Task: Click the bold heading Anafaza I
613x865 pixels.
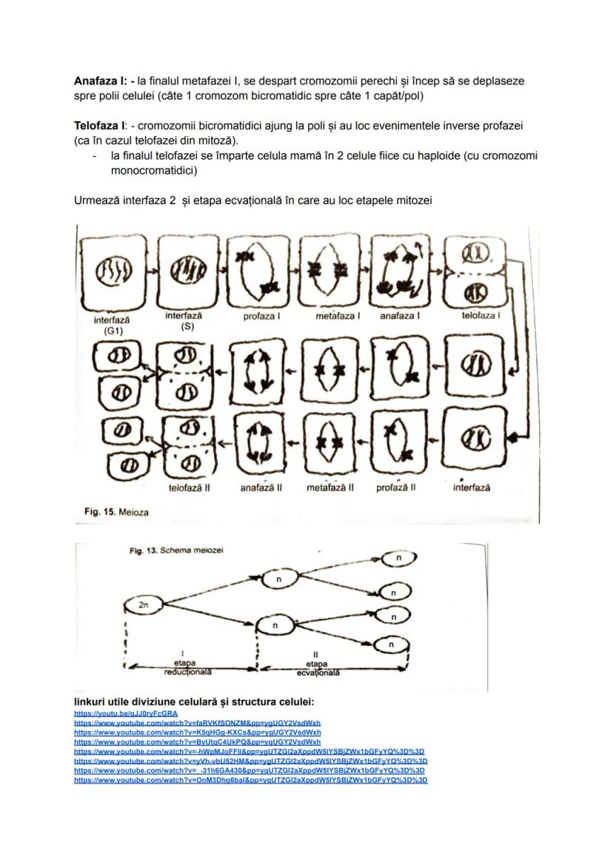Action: coord(100,80)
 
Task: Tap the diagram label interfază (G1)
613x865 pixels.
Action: coord(112,326)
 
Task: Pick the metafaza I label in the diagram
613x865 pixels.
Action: coord(338,316)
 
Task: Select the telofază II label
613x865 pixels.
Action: coord(190,488)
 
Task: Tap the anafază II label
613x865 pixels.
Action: coord(261,488)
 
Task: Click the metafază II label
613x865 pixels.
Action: coord(329,488)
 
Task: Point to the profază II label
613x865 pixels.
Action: coord(396,488)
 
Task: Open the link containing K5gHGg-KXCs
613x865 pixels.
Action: coord(197,732)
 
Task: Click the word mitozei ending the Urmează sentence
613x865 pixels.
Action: coord(409,201)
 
